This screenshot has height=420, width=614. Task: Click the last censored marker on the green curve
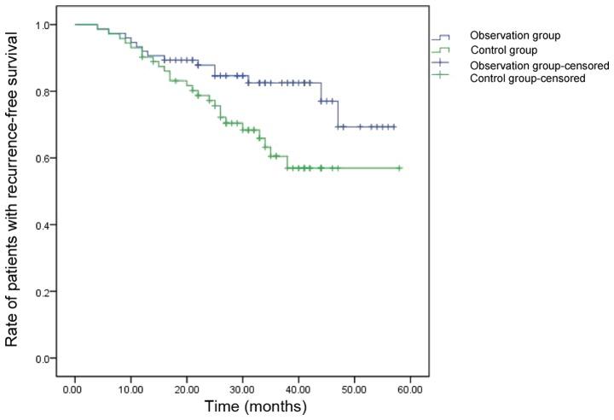coord(399,168)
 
